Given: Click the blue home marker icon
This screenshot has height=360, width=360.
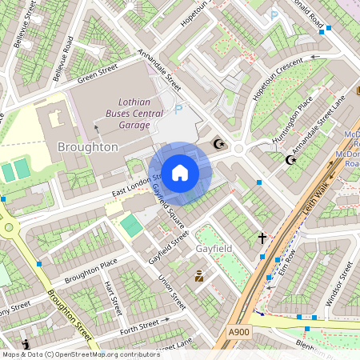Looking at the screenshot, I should coord(180,173).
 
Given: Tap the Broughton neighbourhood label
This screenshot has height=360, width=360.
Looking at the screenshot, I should coord(88,147).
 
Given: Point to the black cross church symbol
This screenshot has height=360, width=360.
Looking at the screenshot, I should coord(262,238).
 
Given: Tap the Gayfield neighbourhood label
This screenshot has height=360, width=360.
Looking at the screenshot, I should coord(214,249).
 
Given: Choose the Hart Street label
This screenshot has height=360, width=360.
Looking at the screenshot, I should coord(113,298).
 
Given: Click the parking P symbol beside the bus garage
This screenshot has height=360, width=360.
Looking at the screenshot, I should coord(178,109).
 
